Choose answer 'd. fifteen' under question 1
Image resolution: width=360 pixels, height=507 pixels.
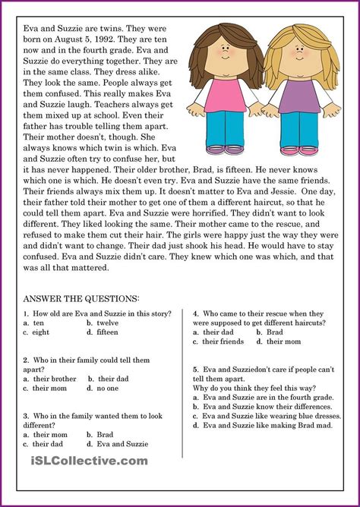pyautogui.click(x=103, y=332)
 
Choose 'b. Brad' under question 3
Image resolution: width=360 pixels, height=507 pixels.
pyautogui.click(x=100, y=435)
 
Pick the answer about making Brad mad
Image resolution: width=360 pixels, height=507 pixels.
pyautogui.click(x=262, y=426)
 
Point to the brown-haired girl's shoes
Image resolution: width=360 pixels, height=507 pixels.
pyautogui.click(x=225, y=149)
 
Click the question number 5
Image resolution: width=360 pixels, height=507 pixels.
pyautogui.click(x=196, y=370)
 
